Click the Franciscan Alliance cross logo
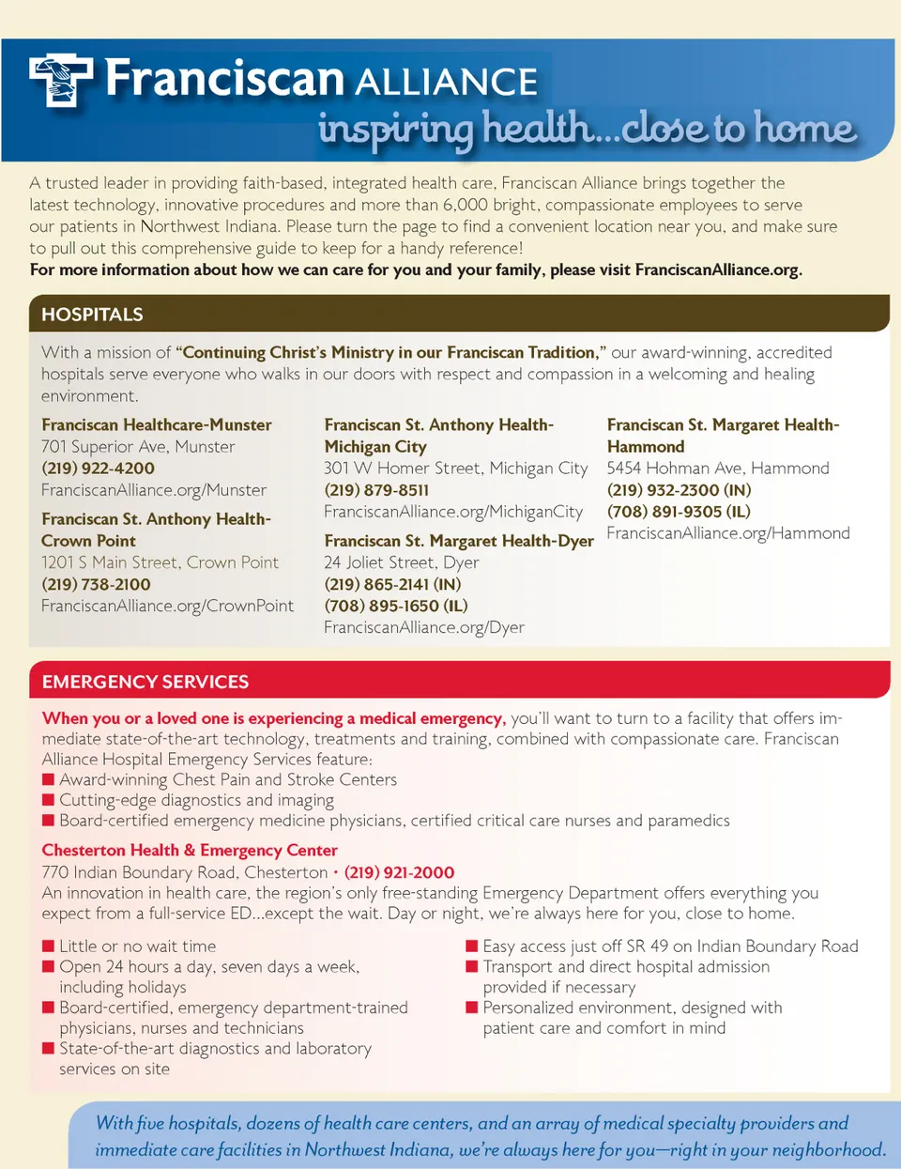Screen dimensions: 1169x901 61,80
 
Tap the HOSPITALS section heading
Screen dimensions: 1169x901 92,315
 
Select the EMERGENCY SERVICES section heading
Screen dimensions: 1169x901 145,682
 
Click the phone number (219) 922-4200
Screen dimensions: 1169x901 98,469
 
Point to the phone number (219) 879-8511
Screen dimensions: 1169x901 376,490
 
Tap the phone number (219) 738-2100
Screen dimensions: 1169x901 96,584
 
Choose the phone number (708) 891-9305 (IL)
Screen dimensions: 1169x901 679,512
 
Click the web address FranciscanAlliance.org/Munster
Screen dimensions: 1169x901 154,490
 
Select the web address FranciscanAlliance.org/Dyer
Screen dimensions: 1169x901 424,627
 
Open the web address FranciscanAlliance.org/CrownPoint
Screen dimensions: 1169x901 167,606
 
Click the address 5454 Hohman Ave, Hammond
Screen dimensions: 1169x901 718,469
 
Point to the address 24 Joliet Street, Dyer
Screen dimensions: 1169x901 402,562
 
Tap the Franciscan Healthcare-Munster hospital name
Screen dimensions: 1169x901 157,425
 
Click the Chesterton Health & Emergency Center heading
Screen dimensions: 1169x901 190,851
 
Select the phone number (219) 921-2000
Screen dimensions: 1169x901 399,872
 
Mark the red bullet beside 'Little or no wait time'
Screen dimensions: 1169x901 48,946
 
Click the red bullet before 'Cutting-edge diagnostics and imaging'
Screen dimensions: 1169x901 48,800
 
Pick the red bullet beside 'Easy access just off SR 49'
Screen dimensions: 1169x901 472,946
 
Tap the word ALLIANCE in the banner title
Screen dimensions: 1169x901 447,83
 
